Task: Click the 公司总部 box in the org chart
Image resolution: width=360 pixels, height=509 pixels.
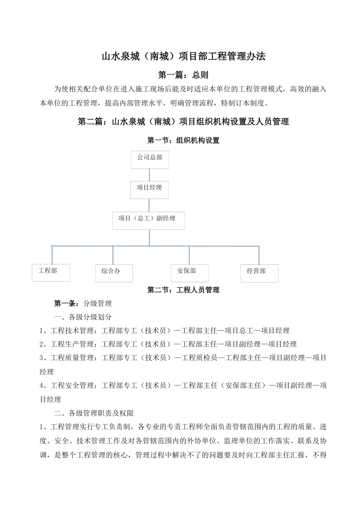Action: click(150, 159)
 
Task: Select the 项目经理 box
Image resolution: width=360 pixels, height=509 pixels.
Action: click(149, 190)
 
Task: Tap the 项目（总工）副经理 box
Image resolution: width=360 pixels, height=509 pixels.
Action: click(148, 220)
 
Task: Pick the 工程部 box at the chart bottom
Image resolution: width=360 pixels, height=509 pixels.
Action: click(51, 273)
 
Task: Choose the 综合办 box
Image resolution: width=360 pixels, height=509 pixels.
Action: click(114, 273)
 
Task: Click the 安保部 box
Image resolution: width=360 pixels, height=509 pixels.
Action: click(190, 273)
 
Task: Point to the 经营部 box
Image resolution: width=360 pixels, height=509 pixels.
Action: click(259, 273)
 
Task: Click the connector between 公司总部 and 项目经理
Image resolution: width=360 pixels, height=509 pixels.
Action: click(149, 175)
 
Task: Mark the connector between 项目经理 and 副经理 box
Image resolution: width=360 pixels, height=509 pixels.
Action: click(149, 205)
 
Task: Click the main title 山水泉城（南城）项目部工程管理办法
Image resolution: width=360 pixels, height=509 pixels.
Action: click(183, 56)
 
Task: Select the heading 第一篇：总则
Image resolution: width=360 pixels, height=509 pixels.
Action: click(183, 75)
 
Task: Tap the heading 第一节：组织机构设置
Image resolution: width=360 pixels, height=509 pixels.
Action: click(183, 141)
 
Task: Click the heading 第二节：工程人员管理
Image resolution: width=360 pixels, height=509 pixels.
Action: click(183, 290)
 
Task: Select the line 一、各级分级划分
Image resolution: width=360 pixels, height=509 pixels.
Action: click(83, 317)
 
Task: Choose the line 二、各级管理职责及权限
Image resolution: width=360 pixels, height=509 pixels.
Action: click(94, 413)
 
